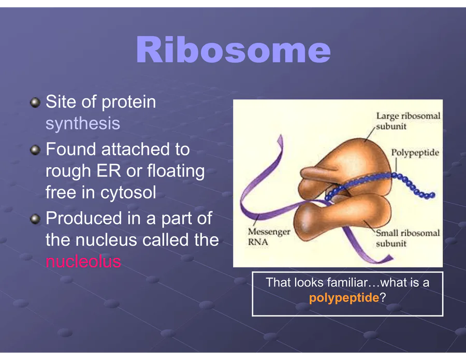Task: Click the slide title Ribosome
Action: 234,50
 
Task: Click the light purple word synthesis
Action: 83,123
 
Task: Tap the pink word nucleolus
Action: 83,262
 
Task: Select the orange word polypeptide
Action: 344,297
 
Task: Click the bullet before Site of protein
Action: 35,103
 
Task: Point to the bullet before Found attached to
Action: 35,150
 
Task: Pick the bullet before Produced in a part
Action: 35,219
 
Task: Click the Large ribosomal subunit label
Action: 408,121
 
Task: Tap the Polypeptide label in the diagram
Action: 415,152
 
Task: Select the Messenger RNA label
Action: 269,237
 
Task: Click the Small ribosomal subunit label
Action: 407,238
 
